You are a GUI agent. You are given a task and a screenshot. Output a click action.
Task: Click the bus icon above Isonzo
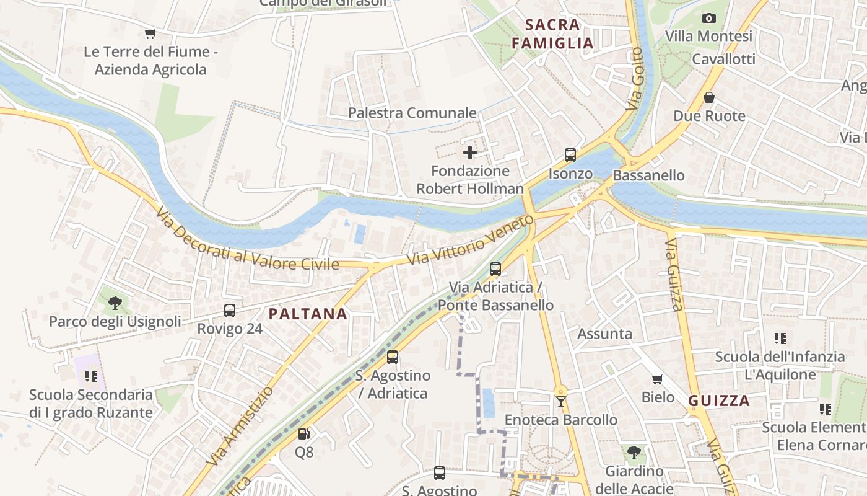(570, 155)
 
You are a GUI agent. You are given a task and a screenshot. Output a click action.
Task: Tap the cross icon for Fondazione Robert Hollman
(470, 152)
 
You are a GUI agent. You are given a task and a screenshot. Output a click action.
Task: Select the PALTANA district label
(308, 314)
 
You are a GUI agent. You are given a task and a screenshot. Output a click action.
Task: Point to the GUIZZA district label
(719, 401)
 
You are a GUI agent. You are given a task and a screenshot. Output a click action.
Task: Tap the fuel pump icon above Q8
(303, 434)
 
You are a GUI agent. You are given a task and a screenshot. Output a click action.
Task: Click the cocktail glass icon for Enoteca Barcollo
(560, 401)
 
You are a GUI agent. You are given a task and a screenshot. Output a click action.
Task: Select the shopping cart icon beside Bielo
(657, 378)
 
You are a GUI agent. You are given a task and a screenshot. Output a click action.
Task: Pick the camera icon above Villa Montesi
(709, 18)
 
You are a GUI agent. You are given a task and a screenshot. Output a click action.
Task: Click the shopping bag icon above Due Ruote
(709, 97)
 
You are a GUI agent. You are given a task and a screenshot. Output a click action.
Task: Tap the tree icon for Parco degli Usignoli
(115, 303)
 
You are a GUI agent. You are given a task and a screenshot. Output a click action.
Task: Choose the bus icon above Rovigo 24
(230, 310)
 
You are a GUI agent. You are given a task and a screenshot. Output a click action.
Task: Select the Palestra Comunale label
(412, 113)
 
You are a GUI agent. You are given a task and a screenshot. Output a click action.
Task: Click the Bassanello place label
(648, 175)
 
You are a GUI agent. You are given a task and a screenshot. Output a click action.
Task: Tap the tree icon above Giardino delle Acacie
(634, 453)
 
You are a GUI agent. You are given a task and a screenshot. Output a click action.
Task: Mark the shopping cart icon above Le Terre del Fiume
(150, 33)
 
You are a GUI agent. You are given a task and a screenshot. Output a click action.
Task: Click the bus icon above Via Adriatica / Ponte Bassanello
(495, 268)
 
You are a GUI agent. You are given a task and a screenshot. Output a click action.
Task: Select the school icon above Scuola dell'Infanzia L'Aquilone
(780, 339)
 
